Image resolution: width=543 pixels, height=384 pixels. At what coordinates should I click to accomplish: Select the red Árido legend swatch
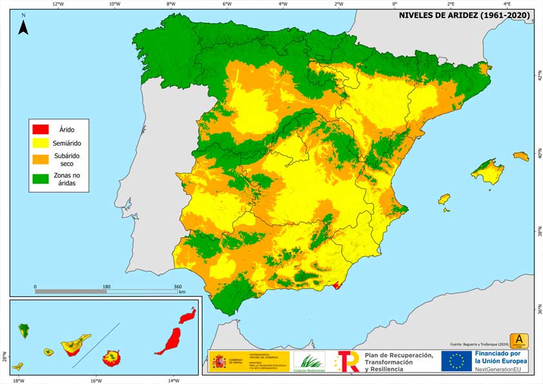(41, 129)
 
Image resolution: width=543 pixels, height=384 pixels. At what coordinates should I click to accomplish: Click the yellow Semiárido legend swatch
(41, 143)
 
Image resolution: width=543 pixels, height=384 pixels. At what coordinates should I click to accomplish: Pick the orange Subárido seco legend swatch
(41, 159)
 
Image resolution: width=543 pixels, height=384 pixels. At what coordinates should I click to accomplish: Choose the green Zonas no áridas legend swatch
(41, 179)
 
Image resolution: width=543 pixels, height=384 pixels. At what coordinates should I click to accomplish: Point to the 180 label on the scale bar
(106, 287)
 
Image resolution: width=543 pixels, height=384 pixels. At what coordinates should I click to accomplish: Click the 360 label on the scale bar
(178, 287)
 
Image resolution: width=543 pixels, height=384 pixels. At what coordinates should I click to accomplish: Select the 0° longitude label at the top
(395, 4)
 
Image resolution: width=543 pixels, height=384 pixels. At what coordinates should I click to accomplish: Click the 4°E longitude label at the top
(507, 4)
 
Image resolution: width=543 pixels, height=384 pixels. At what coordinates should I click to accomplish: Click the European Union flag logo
(457, 361)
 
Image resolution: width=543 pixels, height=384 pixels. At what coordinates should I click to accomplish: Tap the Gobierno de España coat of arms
(219, 361)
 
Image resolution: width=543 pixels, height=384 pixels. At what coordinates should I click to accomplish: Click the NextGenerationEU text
(500, 369)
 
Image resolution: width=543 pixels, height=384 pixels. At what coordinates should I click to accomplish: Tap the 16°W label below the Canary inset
(95, 380)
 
